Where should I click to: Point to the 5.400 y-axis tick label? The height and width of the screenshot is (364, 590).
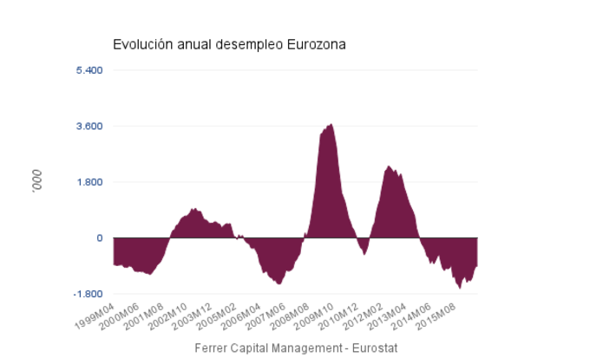[89, 69]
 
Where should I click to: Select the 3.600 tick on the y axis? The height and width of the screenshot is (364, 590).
[89, 126]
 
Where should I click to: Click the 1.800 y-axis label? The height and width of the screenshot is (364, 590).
[89, 182]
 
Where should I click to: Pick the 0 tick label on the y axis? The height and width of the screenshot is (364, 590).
[100, 238]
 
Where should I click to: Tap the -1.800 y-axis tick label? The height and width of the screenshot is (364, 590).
[88, 295]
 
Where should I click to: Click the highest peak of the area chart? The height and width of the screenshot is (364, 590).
[331, 126]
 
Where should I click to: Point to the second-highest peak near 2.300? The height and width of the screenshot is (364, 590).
[389, 167]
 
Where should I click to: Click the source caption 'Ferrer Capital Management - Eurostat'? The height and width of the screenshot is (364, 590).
[295, 348]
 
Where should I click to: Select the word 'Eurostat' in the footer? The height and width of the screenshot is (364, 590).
[373, 348]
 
